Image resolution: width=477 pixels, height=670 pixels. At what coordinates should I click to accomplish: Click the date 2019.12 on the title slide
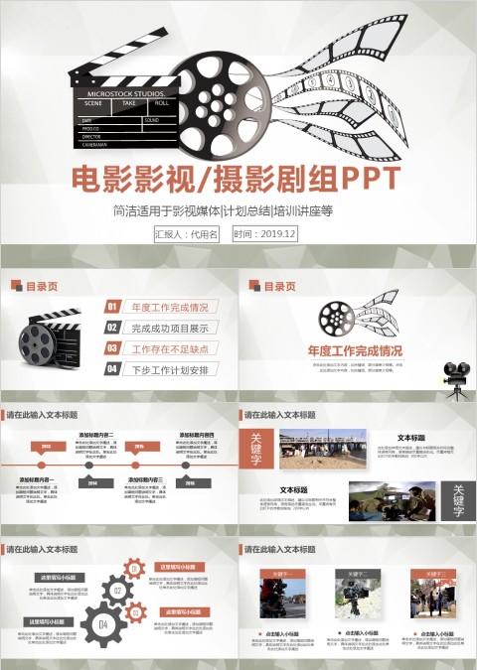264,234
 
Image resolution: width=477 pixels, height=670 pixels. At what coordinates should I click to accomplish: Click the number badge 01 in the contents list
113,308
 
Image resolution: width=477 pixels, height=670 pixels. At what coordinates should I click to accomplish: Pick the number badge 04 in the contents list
113,370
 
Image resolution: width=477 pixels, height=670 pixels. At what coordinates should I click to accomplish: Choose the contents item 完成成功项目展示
170,329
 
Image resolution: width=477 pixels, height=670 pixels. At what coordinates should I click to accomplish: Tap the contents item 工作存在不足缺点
170,349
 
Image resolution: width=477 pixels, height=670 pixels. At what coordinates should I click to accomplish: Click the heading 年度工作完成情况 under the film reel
355,351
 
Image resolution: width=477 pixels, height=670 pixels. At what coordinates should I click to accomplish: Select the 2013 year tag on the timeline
46,447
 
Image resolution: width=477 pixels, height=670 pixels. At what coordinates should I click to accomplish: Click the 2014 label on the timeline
92,482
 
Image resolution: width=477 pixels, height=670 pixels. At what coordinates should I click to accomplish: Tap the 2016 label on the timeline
188,482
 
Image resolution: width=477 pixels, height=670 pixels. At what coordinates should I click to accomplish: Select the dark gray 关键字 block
456,500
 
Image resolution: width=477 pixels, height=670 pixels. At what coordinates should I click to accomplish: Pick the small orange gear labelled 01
135,569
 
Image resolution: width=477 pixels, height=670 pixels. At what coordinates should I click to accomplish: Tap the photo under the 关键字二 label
355,600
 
